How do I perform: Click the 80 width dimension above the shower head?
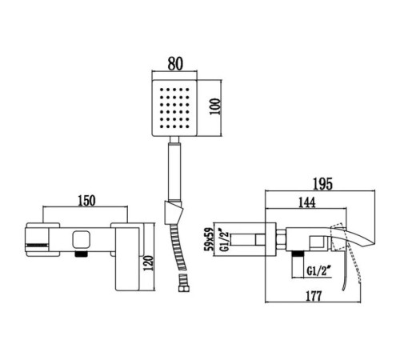[175, 64]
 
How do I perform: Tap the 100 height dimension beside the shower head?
[215, 106]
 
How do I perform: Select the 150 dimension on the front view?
[86, 201]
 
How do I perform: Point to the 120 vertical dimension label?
[148, 263]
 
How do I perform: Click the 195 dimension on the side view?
[322, 184]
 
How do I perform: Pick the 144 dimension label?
[306, 202]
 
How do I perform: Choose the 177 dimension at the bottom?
[314, 296]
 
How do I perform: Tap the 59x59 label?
[209, 239]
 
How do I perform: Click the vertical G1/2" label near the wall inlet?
[225, 239]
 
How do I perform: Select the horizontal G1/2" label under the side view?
[320, 271]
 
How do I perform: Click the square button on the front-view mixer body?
[80, 239]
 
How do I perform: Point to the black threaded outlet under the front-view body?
[82, 254]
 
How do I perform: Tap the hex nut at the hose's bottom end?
[184, 288]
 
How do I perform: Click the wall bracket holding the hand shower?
[174, 212]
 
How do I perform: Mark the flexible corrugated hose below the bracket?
[178, 254]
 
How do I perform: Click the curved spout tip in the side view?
[371, 242]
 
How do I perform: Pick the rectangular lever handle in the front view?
[127, 258]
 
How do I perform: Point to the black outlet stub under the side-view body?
[298, 254]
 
